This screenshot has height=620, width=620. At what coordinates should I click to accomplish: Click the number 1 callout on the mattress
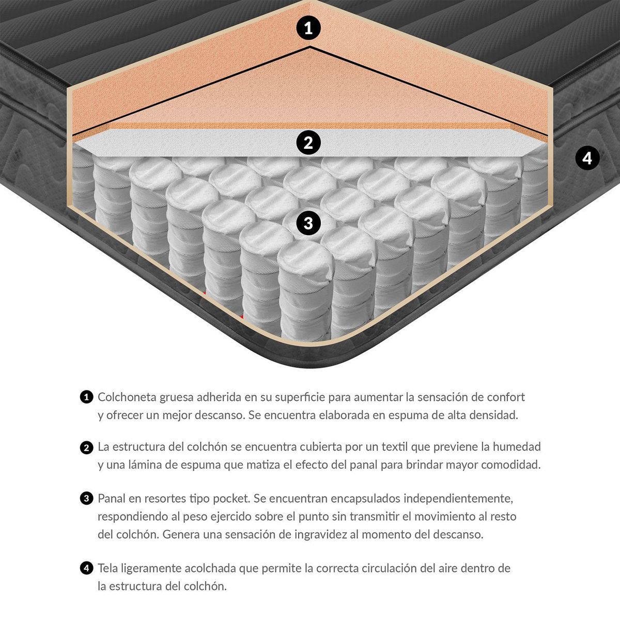[308, 28]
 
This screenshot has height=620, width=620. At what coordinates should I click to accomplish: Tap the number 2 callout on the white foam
[308, 142]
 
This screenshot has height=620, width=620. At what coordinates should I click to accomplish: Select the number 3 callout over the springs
[308, 223]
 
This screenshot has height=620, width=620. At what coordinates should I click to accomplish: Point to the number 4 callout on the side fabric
[587, 158]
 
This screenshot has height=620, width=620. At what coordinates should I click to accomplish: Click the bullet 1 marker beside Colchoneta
[86, 397]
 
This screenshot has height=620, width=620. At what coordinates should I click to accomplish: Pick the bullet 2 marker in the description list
[86, 447]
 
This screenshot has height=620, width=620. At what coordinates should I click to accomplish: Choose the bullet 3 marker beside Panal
[86, 499]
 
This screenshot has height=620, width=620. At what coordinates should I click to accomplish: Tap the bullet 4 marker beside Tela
[86, 568]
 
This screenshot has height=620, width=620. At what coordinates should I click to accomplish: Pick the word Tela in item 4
[108, 568]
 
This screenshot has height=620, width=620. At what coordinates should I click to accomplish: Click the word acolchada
[210, 568]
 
